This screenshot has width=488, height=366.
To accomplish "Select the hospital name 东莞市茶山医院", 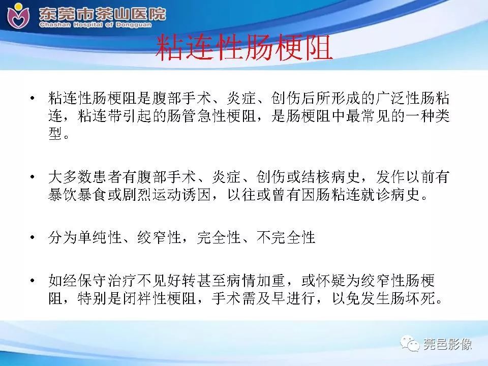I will [x=102, y=13].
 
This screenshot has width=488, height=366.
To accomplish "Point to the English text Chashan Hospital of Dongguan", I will [x=102, y=24].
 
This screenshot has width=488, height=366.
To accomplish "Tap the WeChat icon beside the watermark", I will [x=411, y=344].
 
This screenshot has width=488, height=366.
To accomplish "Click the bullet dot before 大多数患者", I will [x=33, y=178].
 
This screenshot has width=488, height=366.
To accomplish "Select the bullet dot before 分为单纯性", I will [x=33, y=238].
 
